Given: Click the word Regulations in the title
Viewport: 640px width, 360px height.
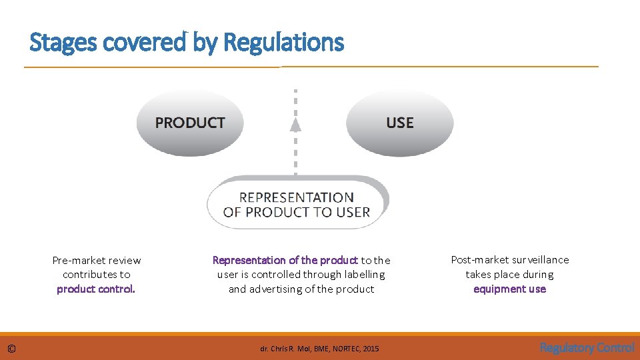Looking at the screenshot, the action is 284,43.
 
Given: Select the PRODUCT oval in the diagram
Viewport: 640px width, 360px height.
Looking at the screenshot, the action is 190,123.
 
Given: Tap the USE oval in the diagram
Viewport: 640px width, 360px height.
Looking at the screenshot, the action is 399,123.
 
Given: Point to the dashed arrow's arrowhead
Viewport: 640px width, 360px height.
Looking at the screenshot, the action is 296,124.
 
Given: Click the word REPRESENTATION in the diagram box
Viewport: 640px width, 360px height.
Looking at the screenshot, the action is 296,197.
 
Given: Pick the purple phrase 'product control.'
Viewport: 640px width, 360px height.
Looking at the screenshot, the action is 96,289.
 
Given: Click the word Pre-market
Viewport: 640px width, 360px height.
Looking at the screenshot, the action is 77,260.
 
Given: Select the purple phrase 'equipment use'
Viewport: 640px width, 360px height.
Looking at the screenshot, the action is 509,289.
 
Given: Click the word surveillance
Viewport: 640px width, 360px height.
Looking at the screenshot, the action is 539,259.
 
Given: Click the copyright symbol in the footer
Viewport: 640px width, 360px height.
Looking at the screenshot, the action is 11,348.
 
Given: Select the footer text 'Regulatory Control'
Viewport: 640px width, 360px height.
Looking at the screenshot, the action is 587,347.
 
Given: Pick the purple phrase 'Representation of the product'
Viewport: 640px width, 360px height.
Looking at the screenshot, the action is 285,260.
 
